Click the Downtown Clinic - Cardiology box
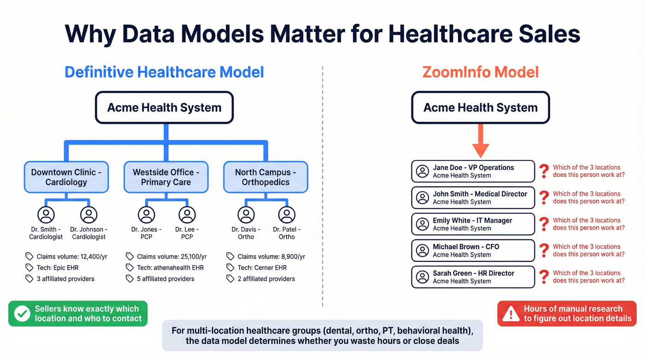pos(66,177)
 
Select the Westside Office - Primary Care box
pos(166,177)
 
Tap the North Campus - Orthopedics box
pos(265,177)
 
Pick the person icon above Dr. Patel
pos(287,215)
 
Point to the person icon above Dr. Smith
pos(46,215)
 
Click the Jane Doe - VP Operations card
pos(473,171)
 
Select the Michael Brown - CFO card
pos(473,251)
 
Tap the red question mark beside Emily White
pos(544,224)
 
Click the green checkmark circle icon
pos(22,314)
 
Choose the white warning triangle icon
pos(511,314)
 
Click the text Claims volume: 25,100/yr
pos(172,257)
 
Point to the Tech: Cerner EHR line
pos(262,268)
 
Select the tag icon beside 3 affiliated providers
pos(29,279)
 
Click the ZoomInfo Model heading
pos(481,72)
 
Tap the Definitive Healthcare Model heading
pos(164,72)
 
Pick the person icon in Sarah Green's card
pos(422,277)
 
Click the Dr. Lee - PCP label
pos(187,233)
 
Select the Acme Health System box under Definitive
pos(164,107)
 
